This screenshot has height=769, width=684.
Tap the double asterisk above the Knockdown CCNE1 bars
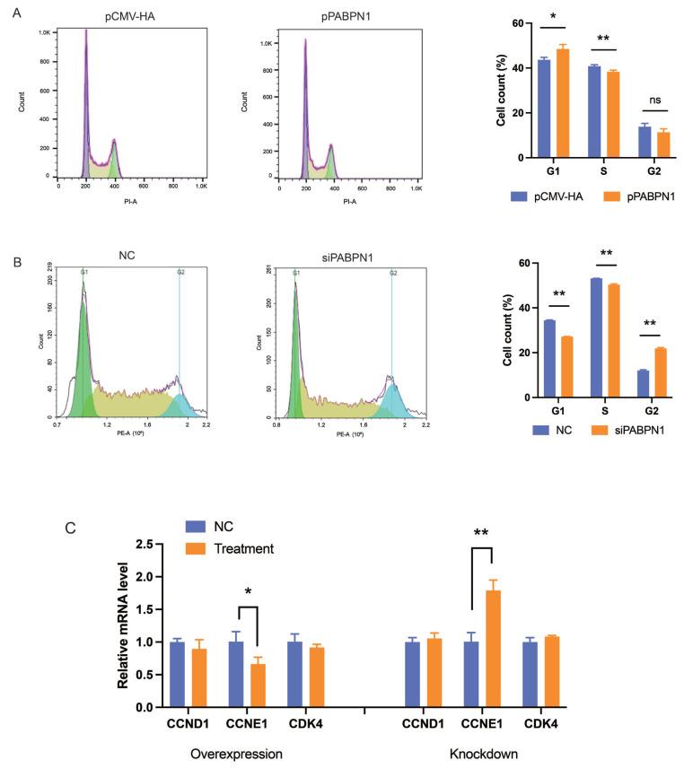pyautogui.click(x=481, y=532)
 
